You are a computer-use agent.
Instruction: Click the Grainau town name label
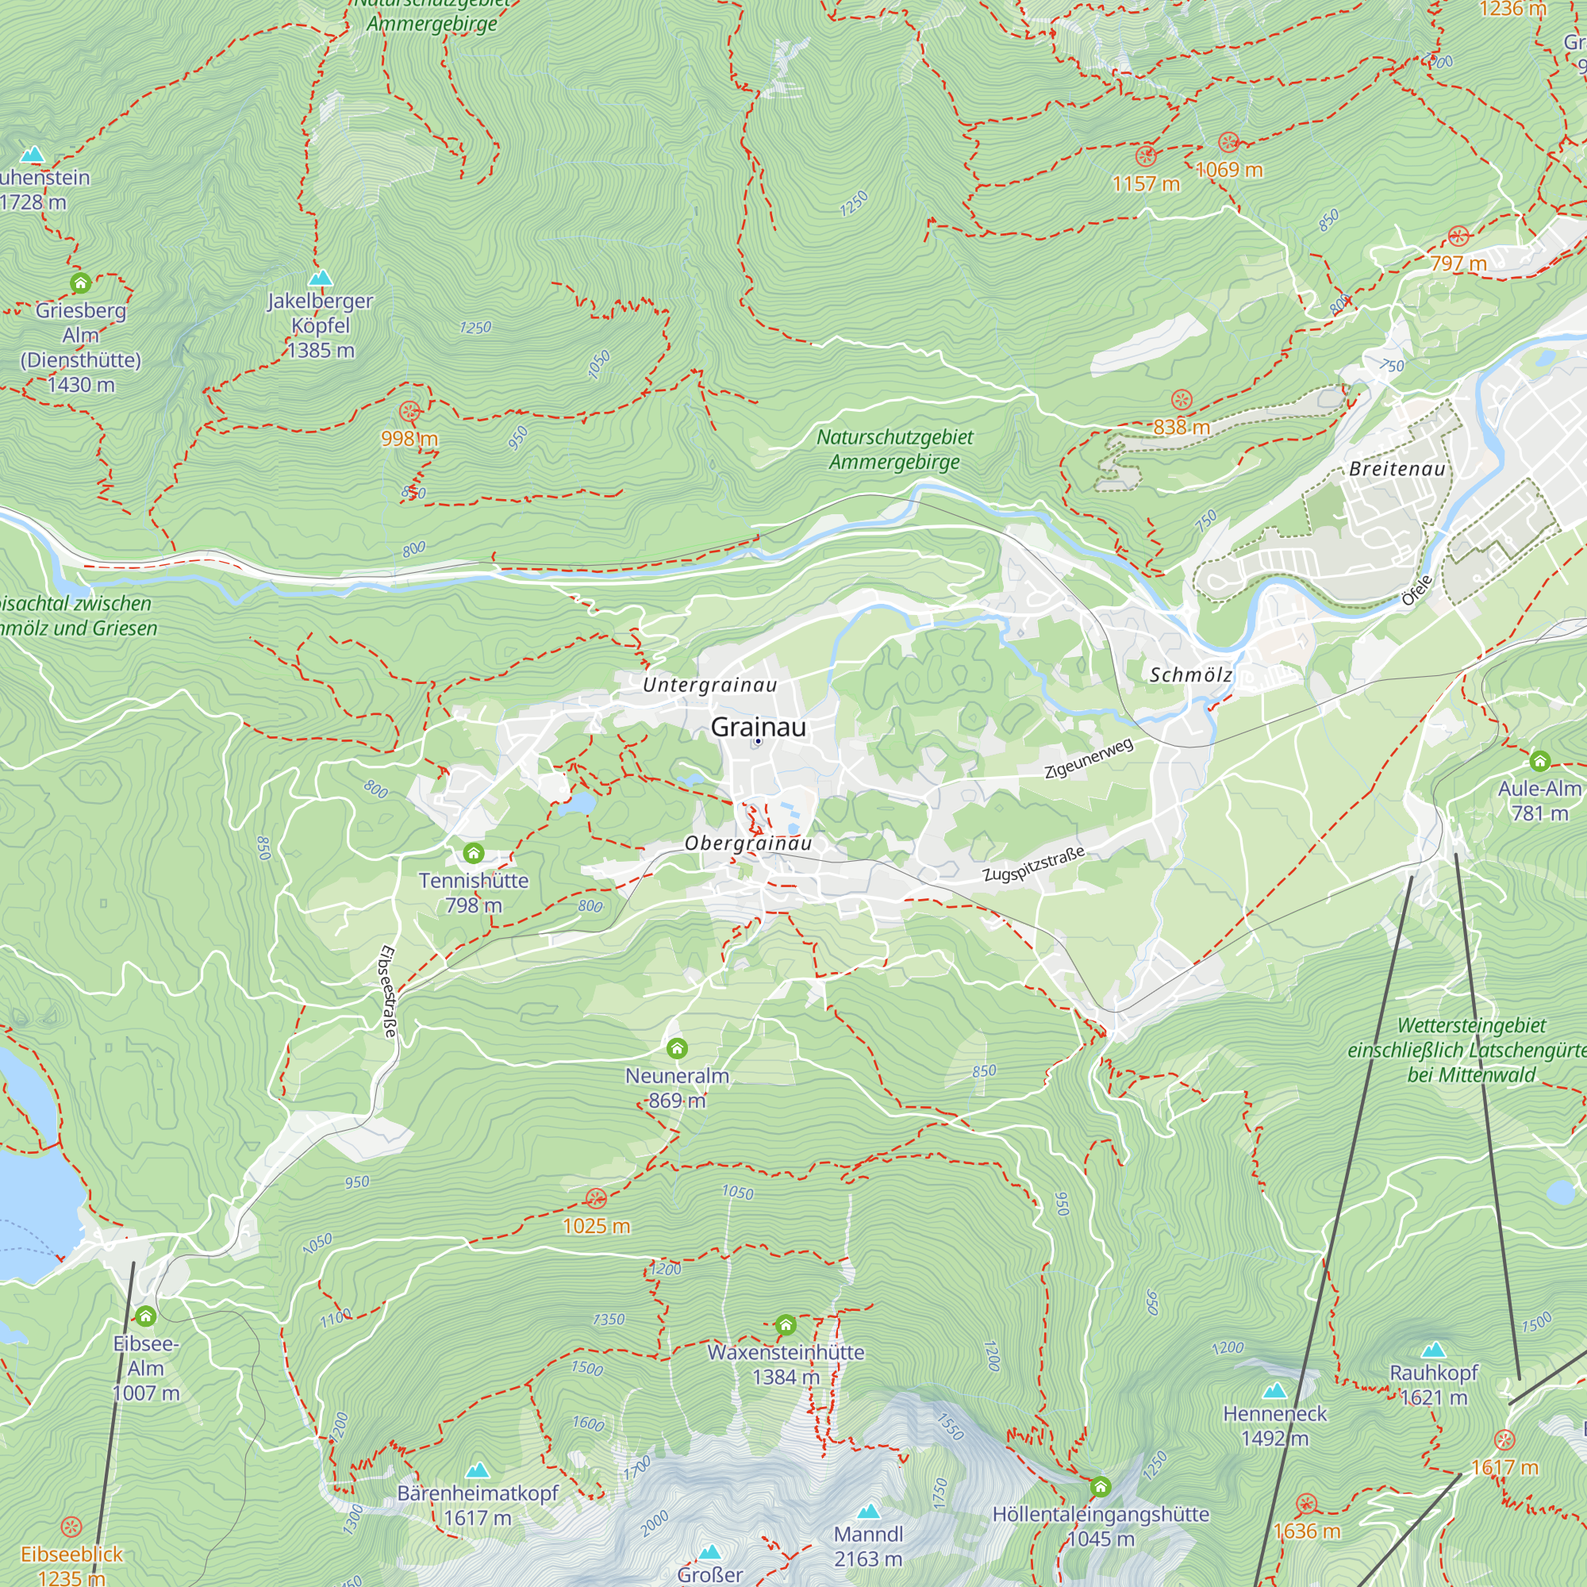[x=757, y=727]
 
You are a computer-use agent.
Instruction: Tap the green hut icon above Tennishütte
[x=473, y=853]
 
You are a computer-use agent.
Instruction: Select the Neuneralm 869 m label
[x=677, y=1088]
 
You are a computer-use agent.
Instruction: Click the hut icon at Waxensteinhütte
[x=786, y=1324]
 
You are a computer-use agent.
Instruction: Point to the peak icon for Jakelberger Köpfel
[x=321, y=278]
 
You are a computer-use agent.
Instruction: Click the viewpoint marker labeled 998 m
[x=409, y=412]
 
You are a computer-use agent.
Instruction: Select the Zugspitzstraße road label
[x=1033, y=864]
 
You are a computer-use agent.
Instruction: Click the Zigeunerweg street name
[x=1089, y=757]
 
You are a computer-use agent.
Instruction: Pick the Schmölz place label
[x=1190, y=675]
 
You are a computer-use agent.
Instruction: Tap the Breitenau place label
[x=1397, y=469]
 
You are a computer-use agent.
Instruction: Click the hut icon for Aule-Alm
[x=1539, y=761]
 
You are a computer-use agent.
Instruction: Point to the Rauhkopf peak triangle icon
[x=1433, y=1350]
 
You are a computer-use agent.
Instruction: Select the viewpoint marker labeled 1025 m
[x=597, y=1197]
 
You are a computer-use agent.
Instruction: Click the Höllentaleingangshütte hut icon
[x=1100, y=1486]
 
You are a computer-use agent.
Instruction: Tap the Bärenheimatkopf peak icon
[x=477, y=1470]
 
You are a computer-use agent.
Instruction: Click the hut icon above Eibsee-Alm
[x=145, y=1316]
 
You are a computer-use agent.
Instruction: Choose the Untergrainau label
[x=709, y=685]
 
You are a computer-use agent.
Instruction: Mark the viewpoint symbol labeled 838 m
[x=1182, y=400]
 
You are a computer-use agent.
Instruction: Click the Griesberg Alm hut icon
[x=80, y=283]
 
